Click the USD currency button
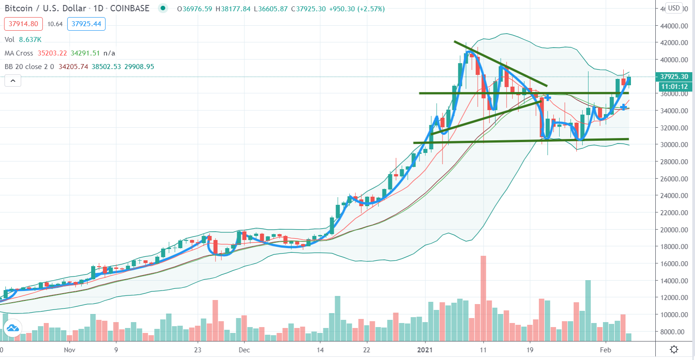click(674, 8)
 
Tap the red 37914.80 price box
click(23, 24)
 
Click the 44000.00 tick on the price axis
click(674, 26)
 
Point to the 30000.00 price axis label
click(674, 145)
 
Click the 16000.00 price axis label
click(674, 264)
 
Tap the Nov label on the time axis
click(69, 350)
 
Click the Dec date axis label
click(244, 350)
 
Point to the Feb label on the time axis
click(606, 350)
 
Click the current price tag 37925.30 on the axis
click(674, 77)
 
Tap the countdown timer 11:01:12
click(674, 87)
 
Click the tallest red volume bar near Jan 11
click(483, 298)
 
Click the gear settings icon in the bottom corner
click(674, 350)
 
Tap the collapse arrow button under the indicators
click(13, 81)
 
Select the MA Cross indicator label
click(19, 53)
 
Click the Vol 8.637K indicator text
click(20, 39)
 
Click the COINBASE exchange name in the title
click(131, 9)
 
